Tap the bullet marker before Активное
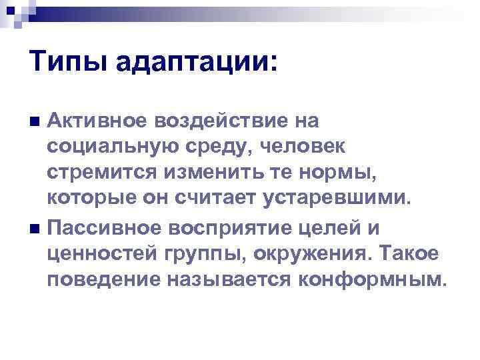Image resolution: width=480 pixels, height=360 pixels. click(x=35, y=121)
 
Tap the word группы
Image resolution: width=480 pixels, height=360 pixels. click(x=195, y=255)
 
